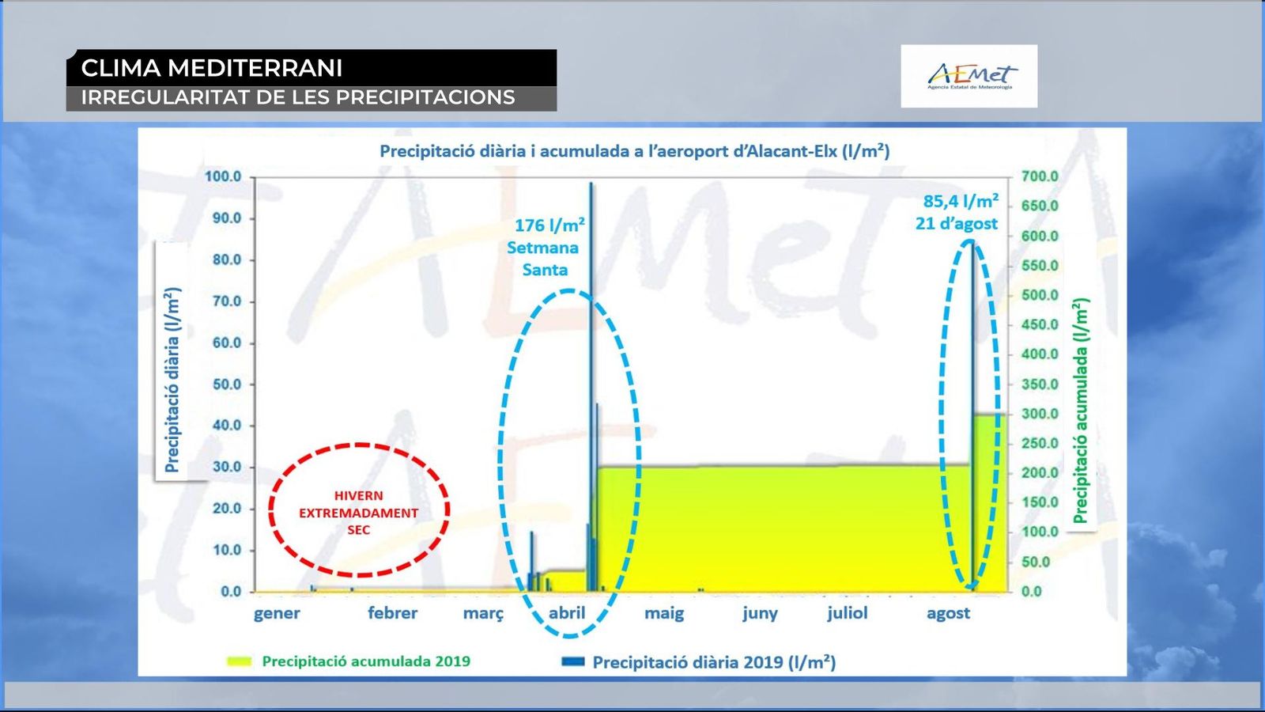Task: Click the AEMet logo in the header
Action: [969, 76]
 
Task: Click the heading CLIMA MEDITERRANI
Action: [212, 68]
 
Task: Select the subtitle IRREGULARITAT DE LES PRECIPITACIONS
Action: [298, 97]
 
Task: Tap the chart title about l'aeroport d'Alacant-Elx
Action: [635, 151]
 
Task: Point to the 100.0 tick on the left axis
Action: [222, 176]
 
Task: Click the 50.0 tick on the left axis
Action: [225, 384]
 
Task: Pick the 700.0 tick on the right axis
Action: [1040, 176]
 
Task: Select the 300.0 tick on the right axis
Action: [1040, 414]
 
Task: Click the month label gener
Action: [277, 614]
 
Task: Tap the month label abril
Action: [567, 613]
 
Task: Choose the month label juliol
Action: [847, 613]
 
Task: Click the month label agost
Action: [948, 614]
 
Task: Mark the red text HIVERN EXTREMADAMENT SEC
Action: [359, 513]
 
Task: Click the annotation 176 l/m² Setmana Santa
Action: [546, 248]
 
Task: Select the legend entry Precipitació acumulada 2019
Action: [349, 661]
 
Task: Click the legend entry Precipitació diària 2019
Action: [699, 661]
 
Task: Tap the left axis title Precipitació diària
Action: [172, 380]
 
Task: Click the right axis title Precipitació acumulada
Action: [1080, 411]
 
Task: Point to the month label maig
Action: [664, 614]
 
